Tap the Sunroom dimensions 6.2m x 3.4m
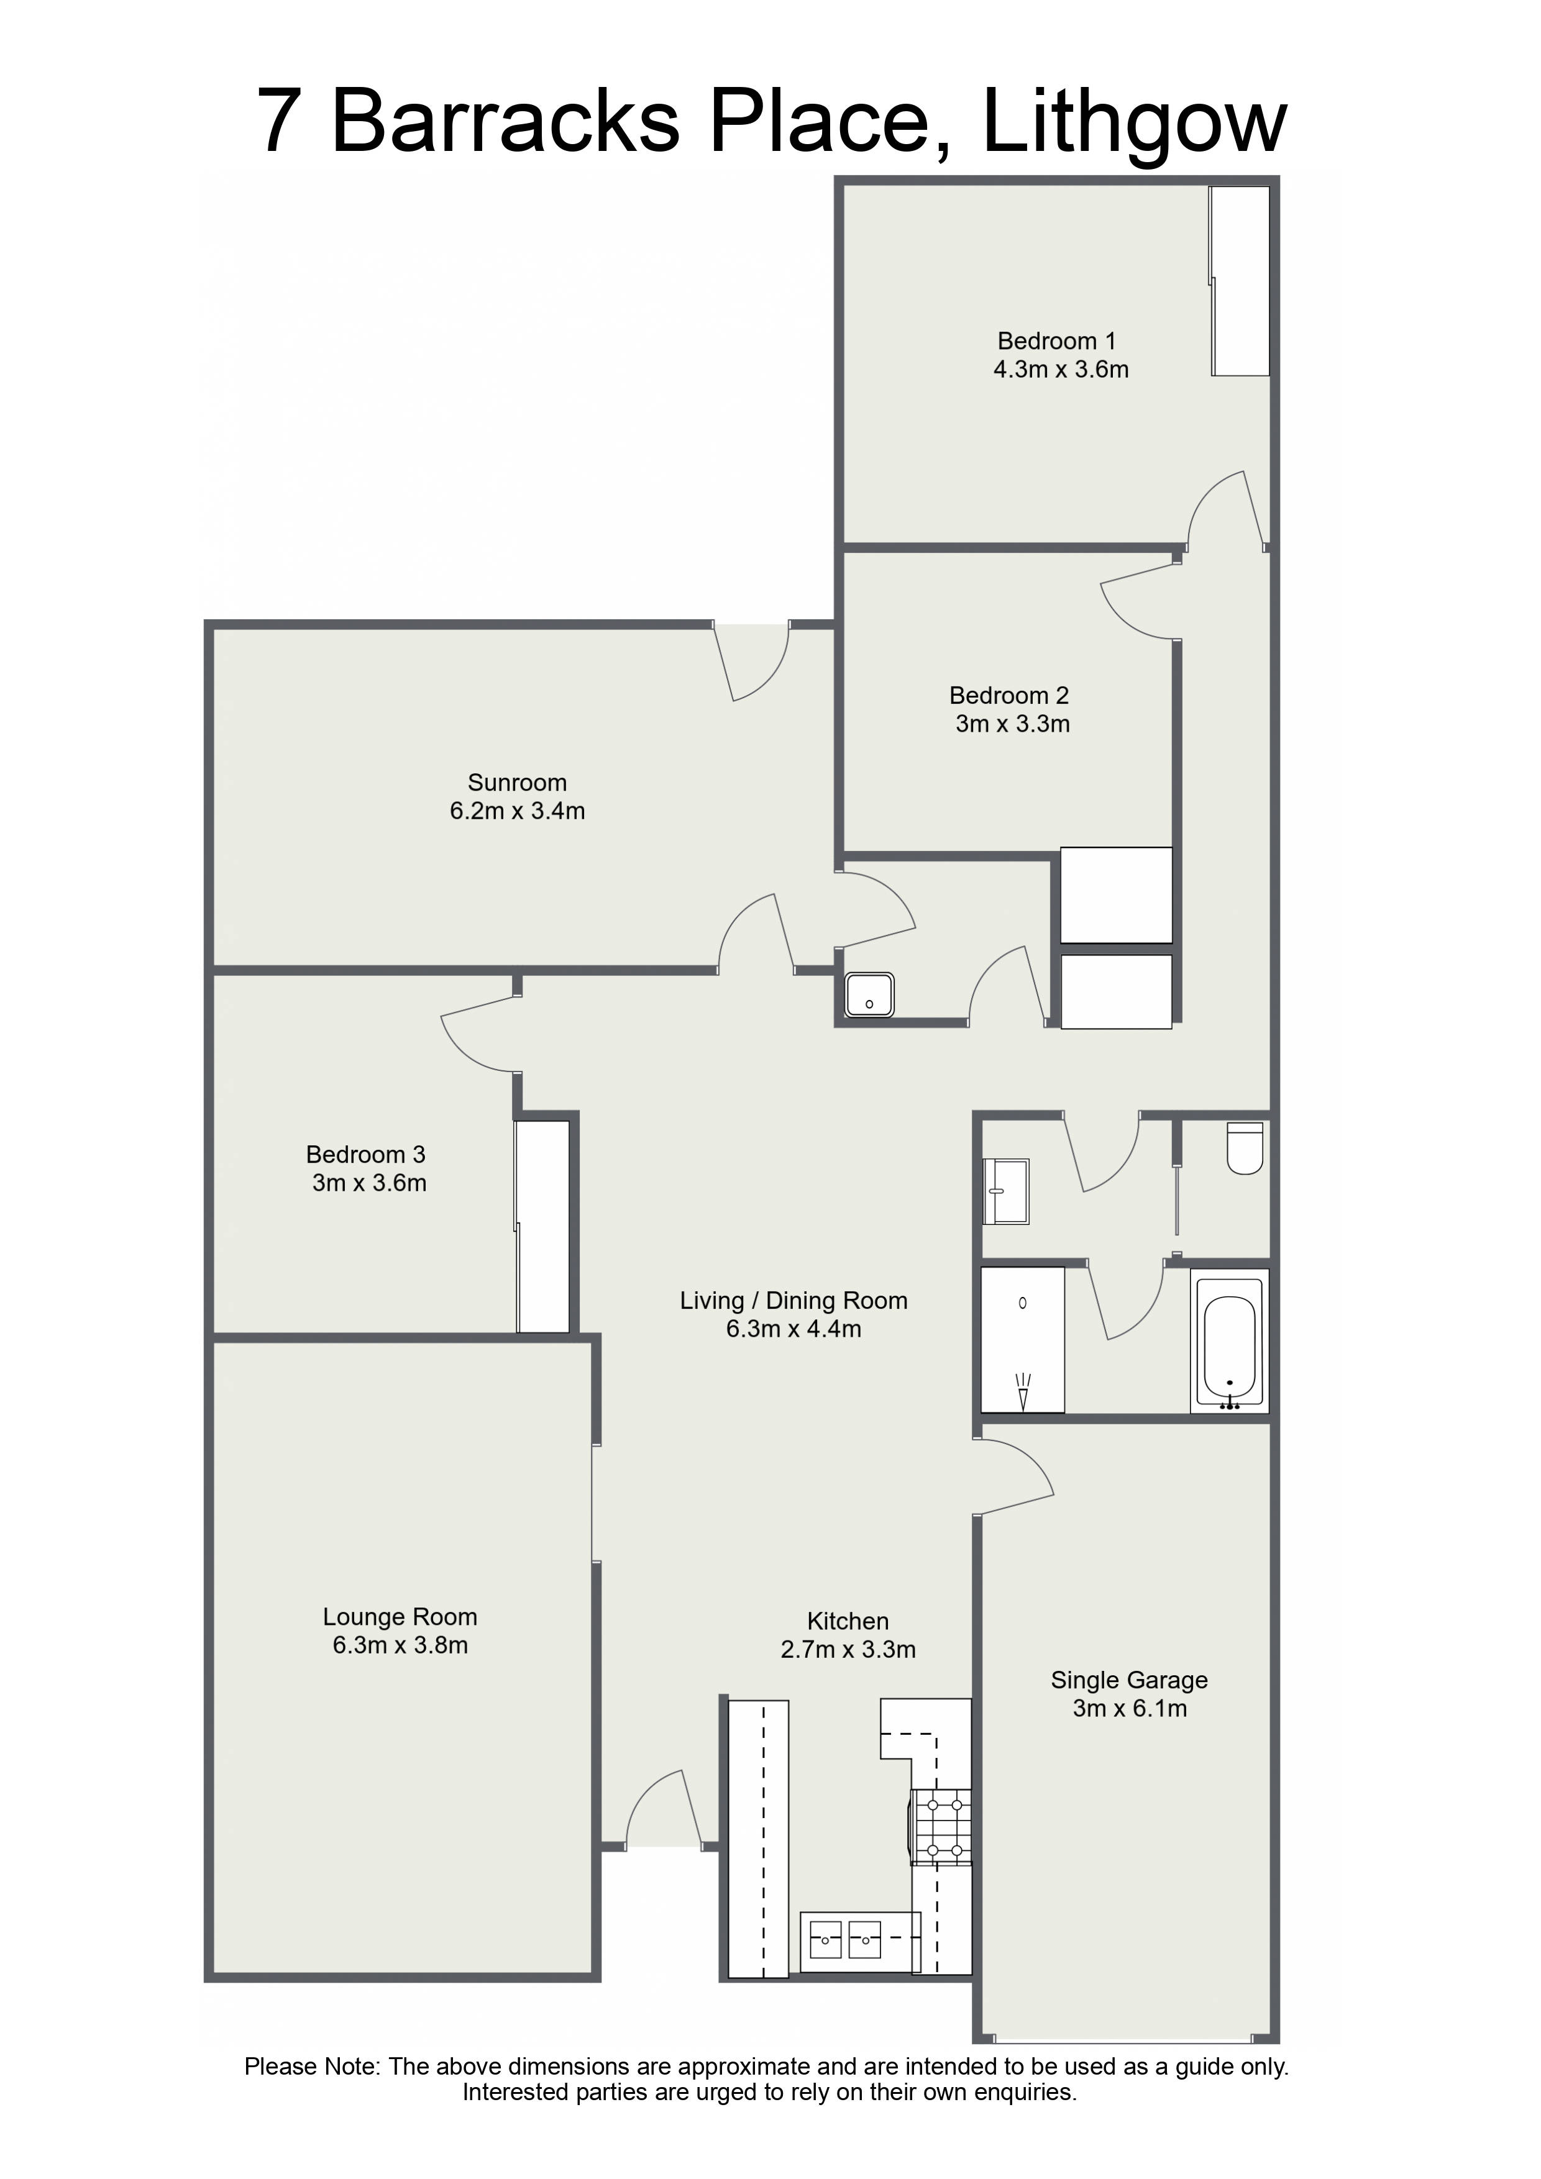[518, 811]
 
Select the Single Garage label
[1129, 1680]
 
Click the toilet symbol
[1245, 1149]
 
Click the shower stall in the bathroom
[1023, 1339]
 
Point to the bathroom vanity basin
[1005, 1191]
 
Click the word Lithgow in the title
[1135, 124]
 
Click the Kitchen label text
[848, 1621]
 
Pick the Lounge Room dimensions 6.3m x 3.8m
[400, 1645]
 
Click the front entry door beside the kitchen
[665, 1813]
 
